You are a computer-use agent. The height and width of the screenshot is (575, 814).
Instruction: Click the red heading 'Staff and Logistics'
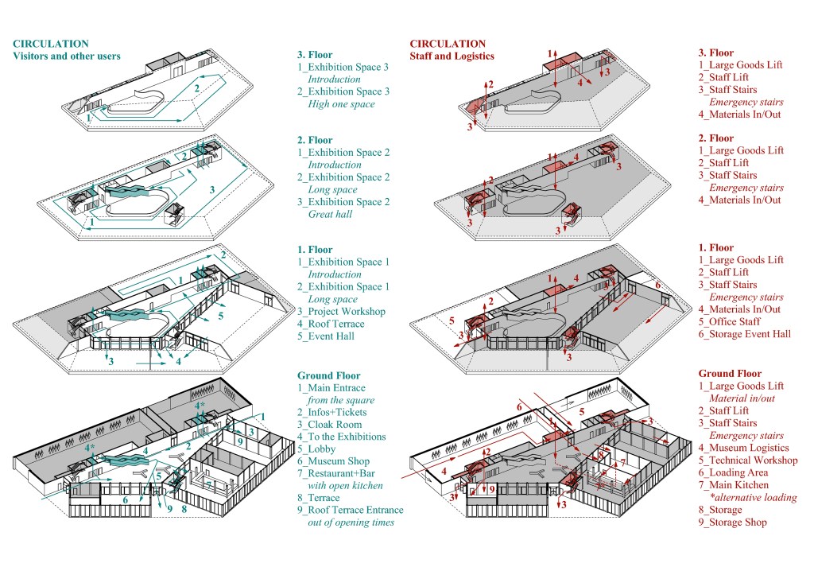point(452,56)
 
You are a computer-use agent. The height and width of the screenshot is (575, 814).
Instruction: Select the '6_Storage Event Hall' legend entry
point(744,334)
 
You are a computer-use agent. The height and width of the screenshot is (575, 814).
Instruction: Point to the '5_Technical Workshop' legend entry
point(747,460)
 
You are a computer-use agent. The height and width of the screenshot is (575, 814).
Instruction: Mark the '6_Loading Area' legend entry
point(733,472)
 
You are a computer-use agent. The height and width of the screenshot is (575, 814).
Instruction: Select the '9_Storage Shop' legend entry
point(732,523)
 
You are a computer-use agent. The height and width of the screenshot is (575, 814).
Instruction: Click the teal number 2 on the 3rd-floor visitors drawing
point(197,88)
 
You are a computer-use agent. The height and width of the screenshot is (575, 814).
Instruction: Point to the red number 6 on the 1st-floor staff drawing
point(657,285)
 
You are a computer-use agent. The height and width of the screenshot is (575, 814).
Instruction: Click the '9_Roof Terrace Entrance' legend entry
point(350,511)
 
